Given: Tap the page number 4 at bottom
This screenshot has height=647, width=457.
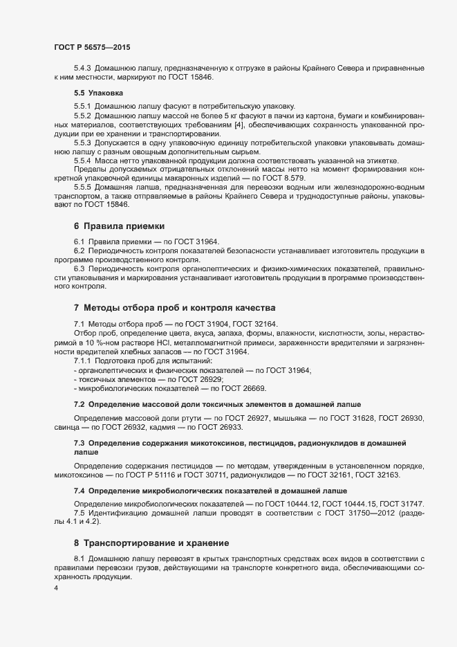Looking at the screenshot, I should [55, 588].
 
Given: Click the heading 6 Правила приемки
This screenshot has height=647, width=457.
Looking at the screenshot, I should [118, 226].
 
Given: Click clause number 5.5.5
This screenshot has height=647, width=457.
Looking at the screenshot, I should [83, 188].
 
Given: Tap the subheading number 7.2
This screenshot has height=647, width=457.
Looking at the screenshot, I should [79, 403].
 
